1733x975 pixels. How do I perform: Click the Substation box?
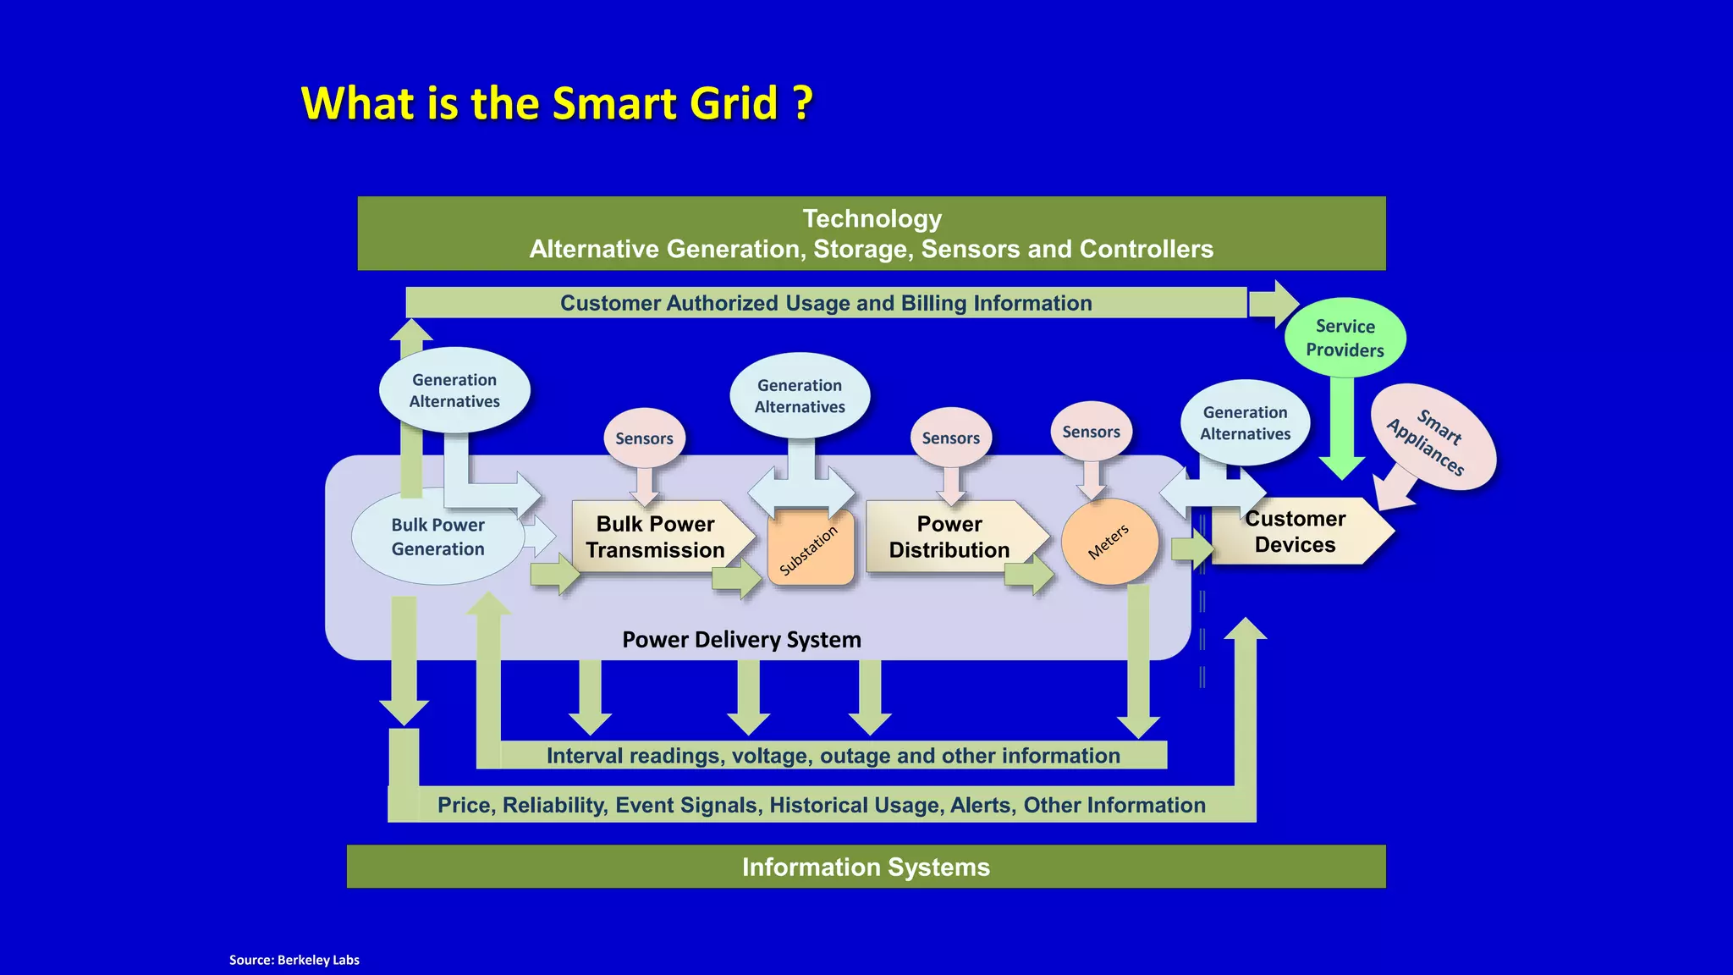point(811,548)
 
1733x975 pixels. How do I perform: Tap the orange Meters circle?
point(1109,543)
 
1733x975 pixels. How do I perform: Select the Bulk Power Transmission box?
point(656,537)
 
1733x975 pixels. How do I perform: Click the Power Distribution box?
point(949,537)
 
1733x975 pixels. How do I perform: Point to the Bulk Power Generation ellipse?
point(437,537)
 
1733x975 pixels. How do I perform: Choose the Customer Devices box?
point(1296,532)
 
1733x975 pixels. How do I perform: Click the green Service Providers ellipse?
point(1345,338)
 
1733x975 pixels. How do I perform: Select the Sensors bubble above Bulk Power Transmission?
point(644,438)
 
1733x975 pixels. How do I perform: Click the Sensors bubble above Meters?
point(1091,432)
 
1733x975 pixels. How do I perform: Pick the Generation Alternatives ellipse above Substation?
point(800,395)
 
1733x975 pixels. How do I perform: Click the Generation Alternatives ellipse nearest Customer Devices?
point(1245,422)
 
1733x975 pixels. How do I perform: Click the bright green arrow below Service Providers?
point(1341,432)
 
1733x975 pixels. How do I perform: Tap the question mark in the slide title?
point(803,103)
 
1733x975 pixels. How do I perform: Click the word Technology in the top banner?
point(872,219)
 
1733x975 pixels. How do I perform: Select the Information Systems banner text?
point(866,867)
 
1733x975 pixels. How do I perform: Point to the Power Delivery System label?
point(741,640)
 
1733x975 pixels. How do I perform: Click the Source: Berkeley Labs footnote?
point(294,960)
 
